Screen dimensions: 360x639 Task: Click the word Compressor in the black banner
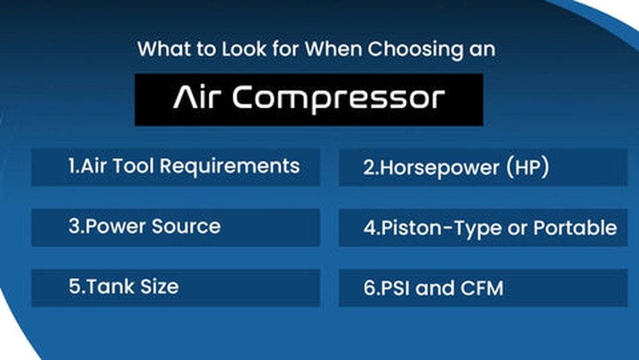click(338, 99)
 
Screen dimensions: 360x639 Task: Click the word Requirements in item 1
click(229, 166)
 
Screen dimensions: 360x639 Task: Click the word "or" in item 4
click(515, 228)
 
